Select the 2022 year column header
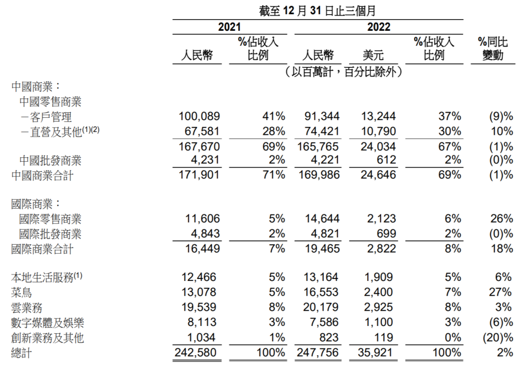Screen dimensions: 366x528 tap(379, 27)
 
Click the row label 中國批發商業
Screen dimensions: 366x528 tap(50, 160)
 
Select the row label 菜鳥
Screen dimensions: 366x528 tap(22, 292)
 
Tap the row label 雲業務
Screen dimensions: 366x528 tap(26, 307)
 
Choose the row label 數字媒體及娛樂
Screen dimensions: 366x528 tap(47, 323)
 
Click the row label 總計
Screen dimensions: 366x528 tap(22, 353)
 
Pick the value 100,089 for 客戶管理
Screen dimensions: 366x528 tap(200, 116)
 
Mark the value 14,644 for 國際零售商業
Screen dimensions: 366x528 tap(321, 219)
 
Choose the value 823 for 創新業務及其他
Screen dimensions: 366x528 tap(329, 338)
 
